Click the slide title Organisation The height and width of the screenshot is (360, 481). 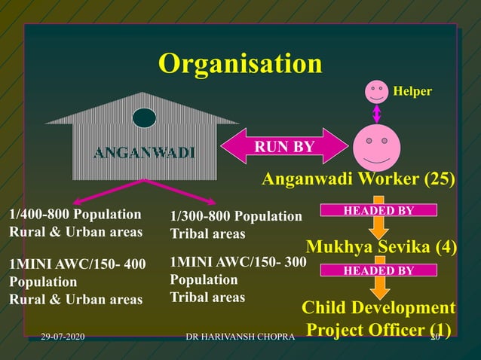click(240, 64)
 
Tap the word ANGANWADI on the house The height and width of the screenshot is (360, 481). click(144, 154)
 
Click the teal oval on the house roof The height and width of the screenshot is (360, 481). click(144, 118)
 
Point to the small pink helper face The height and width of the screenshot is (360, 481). click(376, 92)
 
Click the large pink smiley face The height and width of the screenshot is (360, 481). click(376, 147)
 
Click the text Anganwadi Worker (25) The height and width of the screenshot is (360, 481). click(358, 179)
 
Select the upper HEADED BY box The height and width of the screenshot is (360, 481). click(378, 211)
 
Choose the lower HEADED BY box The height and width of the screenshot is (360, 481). click(378, 270)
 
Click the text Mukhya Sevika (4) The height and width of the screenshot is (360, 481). click(381, 246)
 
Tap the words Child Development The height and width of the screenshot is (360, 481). click(378, 308)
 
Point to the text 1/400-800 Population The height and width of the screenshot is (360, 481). click(75, 214)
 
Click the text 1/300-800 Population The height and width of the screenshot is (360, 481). click(236, 217)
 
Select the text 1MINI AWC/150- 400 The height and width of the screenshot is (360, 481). click(78, 264)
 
